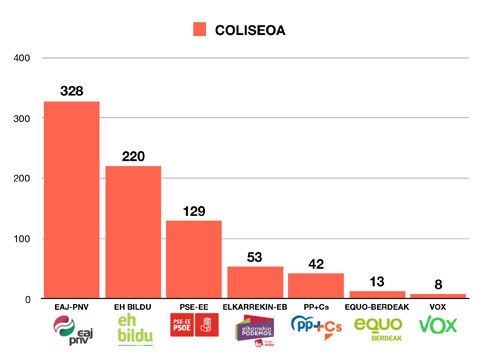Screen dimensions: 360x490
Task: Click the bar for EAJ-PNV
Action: tap(71, 200)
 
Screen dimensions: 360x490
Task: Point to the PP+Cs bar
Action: tap(315, 286)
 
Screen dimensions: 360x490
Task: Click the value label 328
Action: tap(71, 91)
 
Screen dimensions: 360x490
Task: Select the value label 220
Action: tap(133, 156)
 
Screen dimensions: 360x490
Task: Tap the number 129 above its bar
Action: tap(193, 211)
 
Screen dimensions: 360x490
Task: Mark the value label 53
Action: tap(254, 257)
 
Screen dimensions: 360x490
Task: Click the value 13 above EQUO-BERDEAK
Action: tap(376, 281)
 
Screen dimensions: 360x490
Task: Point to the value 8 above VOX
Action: tap(437, 284)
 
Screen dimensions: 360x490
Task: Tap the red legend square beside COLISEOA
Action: tap(200, 29)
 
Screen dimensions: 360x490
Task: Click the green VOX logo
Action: tap(437, 325)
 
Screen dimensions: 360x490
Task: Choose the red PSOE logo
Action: tap(193, 326)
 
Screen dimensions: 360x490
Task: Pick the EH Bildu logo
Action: tap(133, 329)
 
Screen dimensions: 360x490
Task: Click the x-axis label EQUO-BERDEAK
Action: tap(376, 308)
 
